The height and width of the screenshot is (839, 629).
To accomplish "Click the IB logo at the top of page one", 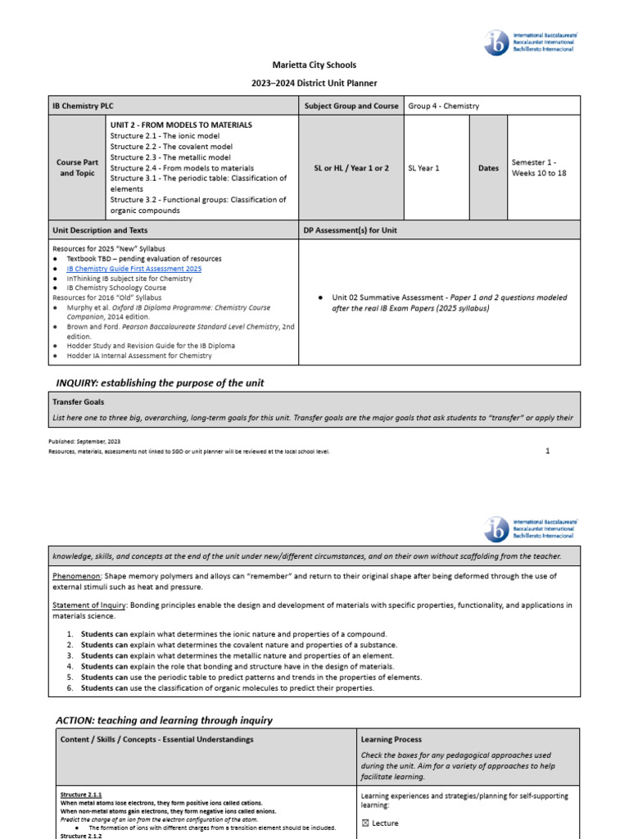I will click(496, 43).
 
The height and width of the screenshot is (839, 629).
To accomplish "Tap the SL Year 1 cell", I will click(423, 168).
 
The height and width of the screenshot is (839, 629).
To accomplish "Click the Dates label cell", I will click(488, 168).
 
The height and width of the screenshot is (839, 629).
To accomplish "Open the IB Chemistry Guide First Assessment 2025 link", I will click(133, 269).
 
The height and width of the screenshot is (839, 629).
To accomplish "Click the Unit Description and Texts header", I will click(100, 230).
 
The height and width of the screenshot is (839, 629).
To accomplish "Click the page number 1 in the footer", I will click(548, 451).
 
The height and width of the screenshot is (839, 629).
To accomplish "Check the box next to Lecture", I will click(364, 823).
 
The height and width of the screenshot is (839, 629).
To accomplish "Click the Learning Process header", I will click(391, 739).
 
